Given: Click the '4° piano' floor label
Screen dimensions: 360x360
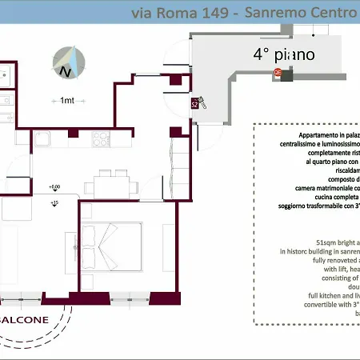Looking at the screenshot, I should click(284, 55).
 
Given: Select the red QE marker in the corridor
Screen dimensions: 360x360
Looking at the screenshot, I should click(278, 72).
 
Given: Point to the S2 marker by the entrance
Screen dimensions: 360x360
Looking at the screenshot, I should click(194, 104).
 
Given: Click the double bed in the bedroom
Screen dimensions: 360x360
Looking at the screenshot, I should click(111, 241).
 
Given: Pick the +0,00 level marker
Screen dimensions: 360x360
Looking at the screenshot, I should click(54, 187).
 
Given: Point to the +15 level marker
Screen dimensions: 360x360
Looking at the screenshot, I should click(54, 204).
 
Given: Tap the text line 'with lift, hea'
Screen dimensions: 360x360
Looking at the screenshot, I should click(335, 270).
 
